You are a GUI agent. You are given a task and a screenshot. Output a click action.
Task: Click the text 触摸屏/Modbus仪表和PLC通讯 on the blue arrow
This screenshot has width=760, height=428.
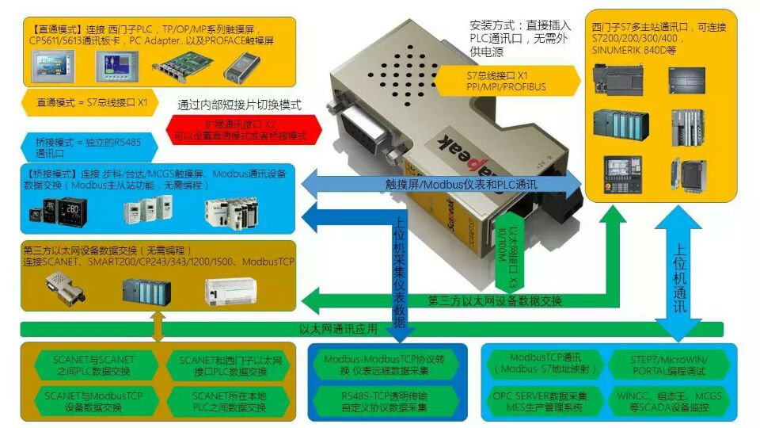pos(439,184)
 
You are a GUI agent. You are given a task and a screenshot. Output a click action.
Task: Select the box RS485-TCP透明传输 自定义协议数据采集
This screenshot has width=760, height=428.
pos(386,401)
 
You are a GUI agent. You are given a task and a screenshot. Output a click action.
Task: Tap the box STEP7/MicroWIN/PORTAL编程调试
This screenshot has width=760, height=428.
pos(670,365)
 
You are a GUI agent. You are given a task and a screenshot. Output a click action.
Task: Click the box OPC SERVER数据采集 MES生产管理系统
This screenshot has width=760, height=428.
pos(545,401)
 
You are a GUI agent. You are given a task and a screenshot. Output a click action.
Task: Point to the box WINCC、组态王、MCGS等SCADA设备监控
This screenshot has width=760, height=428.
pos(670,401)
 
